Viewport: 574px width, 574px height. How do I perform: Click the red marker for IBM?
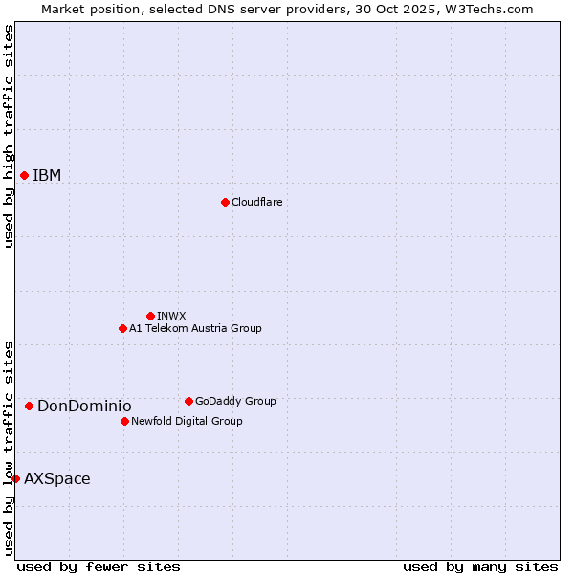pyautogui.click(x=24, y=175)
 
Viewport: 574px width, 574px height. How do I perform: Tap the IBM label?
pyautogui.click(x=47, y=176)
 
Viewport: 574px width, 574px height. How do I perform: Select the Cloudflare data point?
pyautogui.click(x=225, y=202)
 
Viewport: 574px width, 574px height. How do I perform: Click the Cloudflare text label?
pyautogui.click(x=256, y=203)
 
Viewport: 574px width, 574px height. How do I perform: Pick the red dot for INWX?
pyautogui.click(x=150, y=316)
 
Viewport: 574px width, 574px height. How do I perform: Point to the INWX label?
pyautogui.click(x=171, y=317)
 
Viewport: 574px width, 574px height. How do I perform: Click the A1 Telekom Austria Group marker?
pyautogui.click(x=122, y=328)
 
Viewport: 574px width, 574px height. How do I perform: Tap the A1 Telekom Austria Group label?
pyautogui.click(x=195, y=329)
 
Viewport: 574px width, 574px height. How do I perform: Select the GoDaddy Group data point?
pyautogui.click(x=188, y=401)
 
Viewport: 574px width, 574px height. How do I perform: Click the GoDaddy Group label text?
pyautogui.click(x=234, y=402)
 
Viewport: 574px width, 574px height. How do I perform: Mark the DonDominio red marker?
pyautogui.click(x=29, y=406)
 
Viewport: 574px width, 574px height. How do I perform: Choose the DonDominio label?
pyautogui.click(x=84, y=407)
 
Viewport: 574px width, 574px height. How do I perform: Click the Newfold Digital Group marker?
pyautogui.click(x=124, y=421)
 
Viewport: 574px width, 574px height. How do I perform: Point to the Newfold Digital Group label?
pyautogui.click(x=187, y=422)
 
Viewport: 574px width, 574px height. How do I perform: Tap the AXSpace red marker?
pyautogui.click(x=15, y=478)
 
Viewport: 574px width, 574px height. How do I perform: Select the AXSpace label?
pyautogui.click(x=57, y=479)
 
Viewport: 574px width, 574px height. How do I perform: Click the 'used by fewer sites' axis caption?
pyautogui.click(x=99, y=566)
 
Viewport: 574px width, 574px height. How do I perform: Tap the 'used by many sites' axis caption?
pyautogui.click(x=480, y=566)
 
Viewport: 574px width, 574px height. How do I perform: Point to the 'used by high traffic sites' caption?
pyautogui.click(x=9, y=136)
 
